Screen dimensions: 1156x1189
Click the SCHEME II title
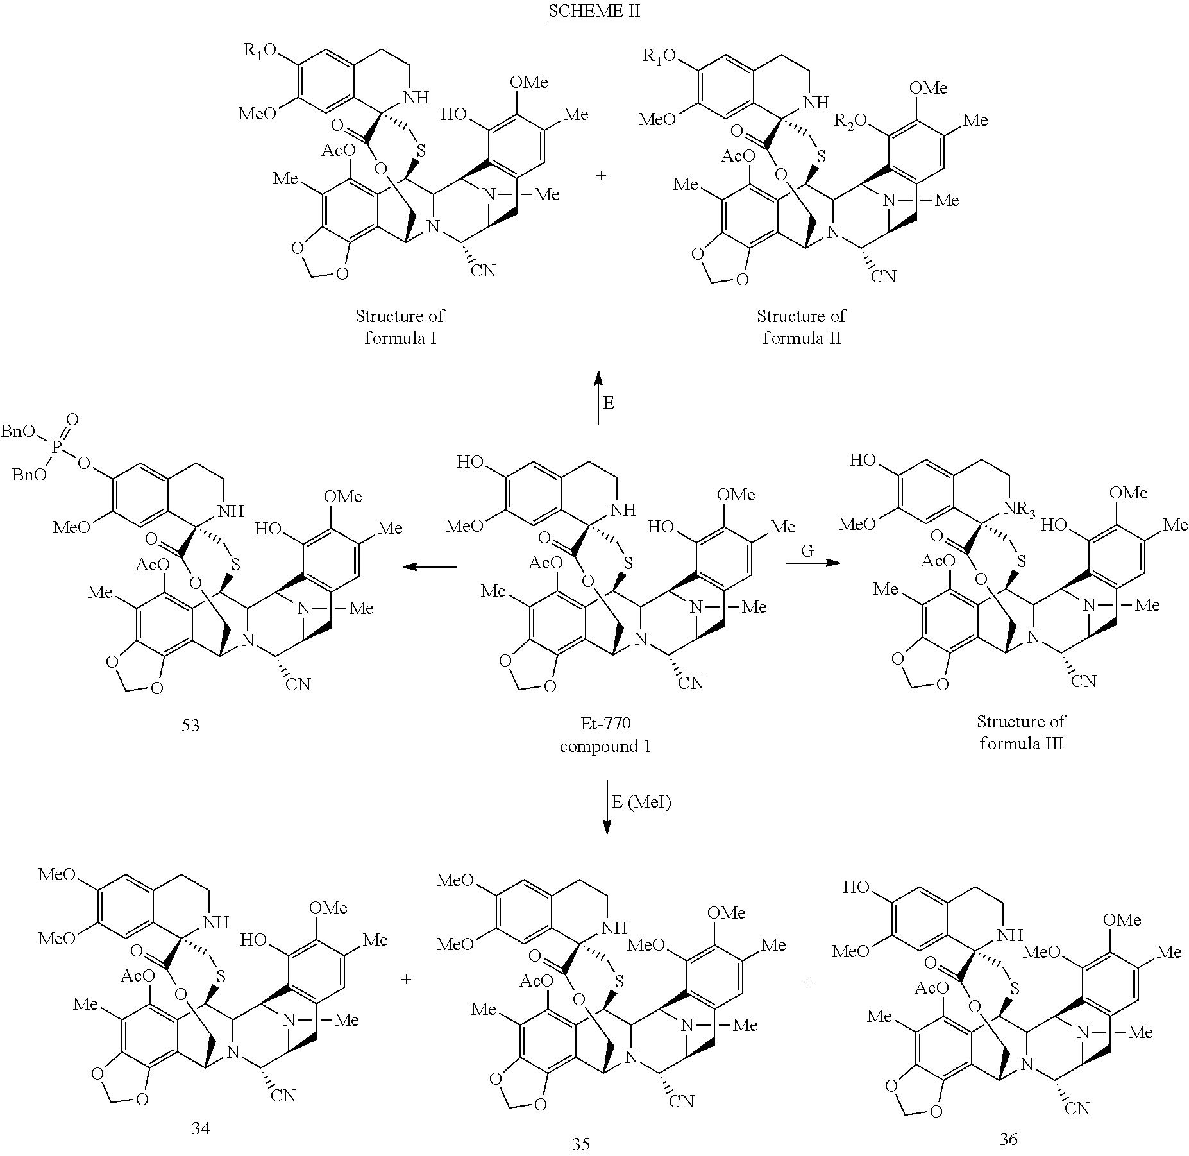click(x=594, y=12)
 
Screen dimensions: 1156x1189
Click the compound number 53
click(x=190, y=726)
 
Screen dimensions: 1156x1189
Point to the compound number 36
click(x=1009, y=1139)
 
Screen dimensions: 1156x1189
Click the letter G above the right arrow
click(x=807, y=550)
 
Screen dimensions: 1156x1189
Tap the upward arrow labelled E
click(x=598, y=398)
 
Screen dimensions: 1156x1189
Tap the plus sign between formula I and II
click(x=601, y=175)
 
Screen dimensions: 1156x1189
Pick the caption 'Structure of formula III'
click(x=1021, y=733)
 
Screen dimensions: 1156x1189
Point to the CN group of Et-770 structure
click(x=691, y=683)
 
